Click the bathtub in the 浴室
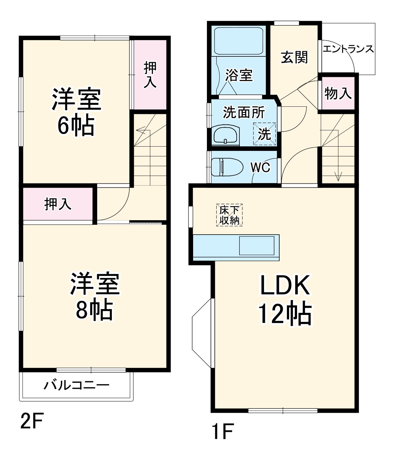(239, 41)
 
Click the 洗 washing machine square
(265, 134)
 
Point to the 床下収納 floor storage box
(229, 215)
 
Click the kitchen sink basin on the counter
(257, 246)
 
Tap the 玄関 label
(294, 57)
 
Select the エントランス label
(348, 49)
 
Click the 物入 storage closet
(338, 93)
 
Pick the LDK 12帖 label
(285, 300)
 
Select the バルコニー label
(76, 385)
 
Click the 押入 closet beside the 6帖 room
(150, 75)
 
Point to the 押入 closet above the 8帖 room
(58, 204)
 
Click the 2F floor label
(32, 421)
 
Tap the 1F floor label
(223, 431)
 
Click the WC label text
(260, 167)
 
